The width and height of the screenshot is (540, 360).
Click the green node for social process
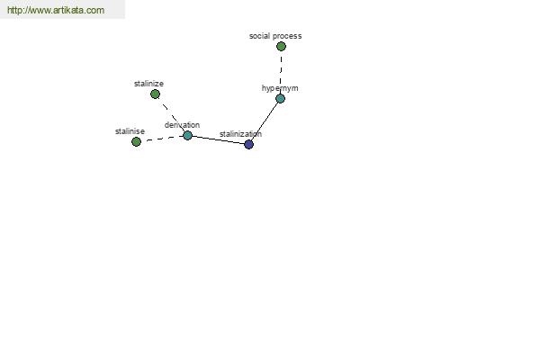pyautogui.click(x=281, y=46)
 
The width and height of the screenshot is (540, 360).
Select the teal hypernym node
pyautogui.click(x=280, y=98)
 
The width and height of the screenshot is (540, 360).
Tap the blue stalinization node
pyautogui.click(x=248, y=144)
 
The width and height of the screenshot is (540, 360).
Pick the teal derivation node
pyautogui.click(x=187, y=135)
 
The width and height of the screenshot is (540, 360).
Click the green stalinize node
pyautogui.click(x=155, y=94)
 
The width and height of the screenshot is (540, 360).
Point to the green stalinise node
pyautogui.click(x=136, y=141)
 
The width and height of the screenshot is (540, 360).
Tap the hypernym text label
pyautogui.click(x=280, y=88)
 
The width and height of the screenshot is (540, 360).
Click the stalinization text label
pyautogui.click(x=240, y=134)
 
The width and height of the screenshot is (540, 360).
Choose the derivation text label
pyautogui.click(x=182, y=125)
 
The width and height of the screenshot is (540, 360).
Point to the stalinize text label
pyautogui.click(x=148, y=84)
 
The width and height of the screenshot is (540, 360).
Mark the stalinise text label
pyautogui.click(x=130, y=131)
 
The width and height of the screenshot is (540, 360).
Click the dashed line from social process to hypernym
pyautogui.click(x=281, y=72)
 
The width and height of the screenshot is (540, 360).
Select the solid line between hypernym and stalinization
pyautogui.click(x=265, y=121)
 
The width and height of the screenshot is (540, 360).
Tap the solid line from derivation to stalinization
pyautogui.click(x=218, y=139)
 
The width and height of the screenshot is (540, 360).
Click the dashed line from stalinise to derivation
pyautogui.click(x=162, y=139)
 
